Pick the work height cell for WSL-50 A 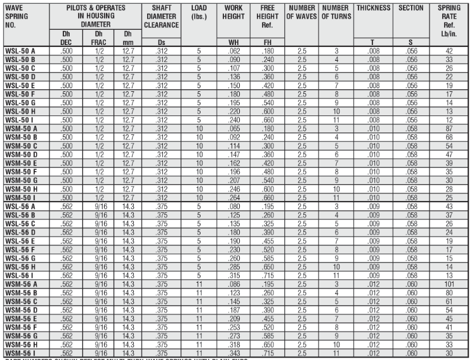pyautogui.click(x=233, y=50)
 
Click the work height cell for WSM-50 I pyautogui.click(x=233, y=196)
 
